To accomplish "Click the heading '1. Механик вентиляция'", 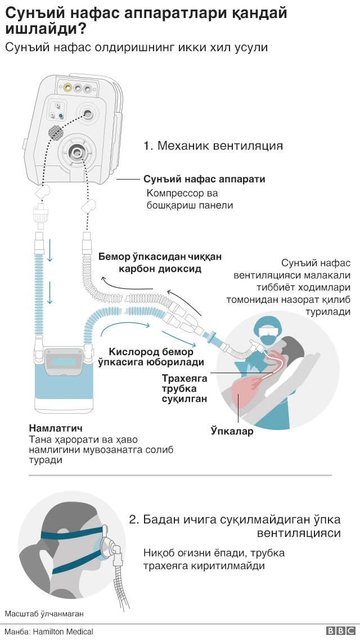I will pos(213,146).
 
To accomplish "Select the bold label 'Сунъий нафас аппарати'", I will pos(204,179).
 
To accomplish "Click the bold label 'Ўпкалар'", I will pos(232,432).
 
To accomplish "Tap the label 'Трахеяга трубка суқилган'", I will pos(184,388).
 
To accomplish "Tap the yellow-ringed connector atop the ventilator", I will pos(67,87).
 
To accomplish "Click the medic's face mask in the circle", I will pos(267,339).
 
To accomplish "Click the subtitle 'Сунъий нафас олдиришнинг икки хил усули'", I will pos(136,47).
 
